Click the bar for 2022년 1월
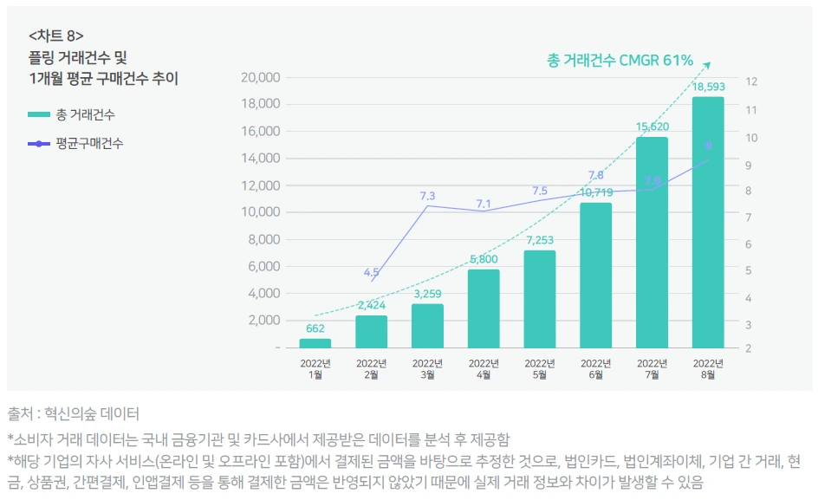click(315, 343)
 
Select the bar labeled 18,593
click(707, 223)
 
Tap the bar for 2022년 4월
click(484, 308)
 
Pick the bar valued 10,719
click(595, 275)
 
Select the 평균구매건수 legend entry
click(75, 143)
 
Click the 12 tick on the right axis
click(751, 81)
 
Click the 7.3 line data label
click(427, 196)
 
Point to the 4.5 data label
click(371, 272)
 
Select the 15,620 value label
click(652, 127)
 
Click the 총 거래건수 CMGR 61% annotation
click(620, 60)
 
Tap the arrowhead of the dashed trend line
click(707, 63)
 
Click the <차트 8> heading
click(56, 36)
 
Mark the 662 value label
click(315, 328)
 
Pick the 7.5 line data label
click(540, 191)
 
